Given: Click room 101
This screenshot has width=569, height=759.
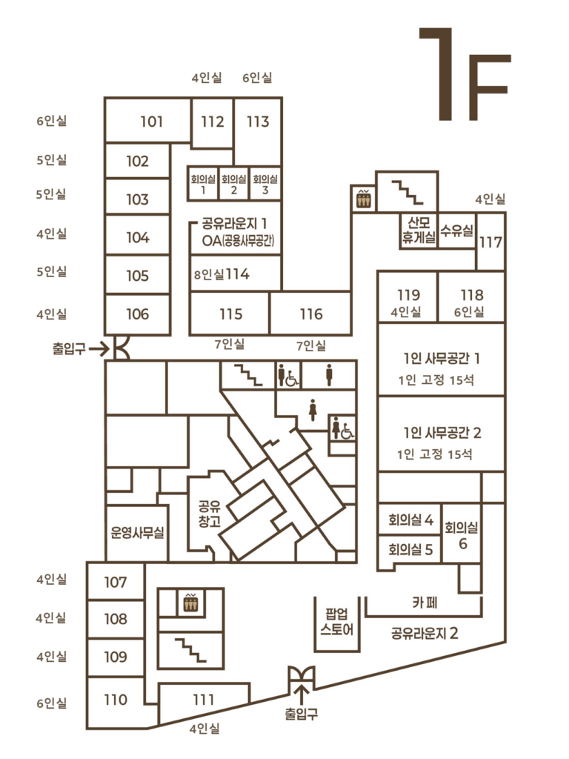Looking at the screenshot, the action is [147, 121].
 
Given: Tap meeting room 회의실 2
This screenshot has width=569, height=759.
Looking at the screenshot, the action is [233, 184].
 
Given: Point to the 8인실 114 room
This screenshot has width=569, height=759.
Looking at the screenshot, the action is [235, 274].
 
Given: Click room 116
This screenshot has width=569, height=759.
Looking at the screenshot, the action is [310, 314].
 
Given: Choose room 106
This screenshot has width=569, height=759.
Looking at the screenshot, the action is [137, 314].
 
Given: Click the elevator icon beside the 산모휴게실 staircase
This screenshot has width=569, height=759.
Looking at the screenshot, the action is [363, 199].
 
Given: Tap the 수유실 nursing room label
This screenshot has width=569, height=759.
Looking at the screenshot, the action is [456, 231].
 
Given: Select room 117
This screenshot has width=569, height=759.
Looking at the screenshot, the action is [490, 242].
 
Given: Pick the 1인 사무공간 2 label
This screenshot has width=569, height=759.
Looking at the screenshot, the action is [442, 432].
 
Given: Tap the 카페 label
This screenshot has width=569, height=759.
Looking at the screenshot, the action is [425, 602].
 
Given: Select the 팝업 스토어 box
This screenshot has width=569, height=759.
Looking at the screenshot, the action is [337, 623].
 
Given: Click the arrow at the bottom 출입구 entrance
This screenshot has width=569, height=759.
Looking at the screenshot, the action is [302, 695].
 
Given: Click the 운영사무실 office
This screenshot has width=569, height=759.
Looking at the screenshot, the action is [137, 533].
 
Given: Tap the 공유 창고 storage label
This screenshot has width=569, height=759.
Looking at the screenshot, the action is [210, 514].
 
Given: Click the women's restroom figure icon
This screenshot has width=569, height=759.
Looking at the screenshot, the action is [313, 409].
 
